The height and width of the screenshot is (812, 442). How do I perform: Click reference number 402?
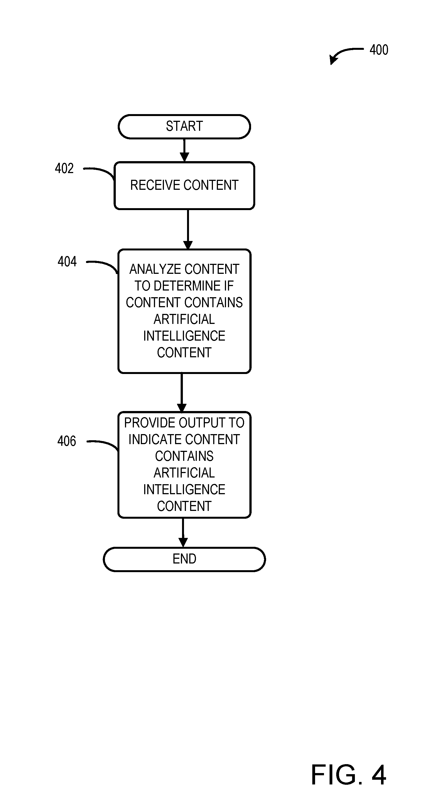(x=64, y=168)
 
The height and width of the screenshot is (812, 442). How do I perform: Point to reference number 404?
(x=67, y=262)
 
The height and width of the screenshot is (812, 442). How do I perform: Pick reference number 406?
(x=67, y=441)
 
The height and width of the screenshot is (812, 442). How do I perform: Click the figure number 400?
(x=379, y=50)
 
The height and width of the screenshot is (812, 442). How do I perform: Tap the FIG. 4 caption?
(x=348, y=774)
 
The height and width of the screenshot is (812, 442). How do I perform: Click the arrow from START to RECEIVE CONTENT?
(x=185, y=150)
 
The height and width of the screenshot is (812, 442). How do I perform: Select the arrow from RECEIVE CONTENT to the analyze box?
(x=188, y=230)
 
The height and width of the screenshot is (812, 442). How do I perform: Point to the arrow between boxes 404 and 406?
(x=181, y=393)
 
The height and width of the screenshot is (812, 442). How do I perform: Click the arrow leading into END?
(x=183, y=533)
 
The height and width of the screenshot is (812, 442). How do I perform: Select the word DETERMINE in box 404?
(x=187, y=286)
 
